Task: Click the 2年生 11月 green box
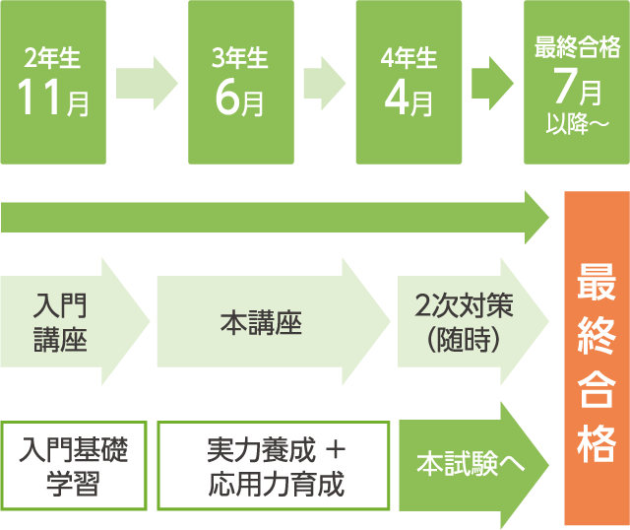click(53, 82)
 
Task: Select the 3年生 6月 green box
click(240, 82)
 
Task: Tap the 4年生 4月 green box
click(409, 82)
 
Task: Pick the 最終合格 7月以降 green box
click(576, 82)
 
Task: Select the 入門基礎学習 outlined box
click(75, 466)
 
